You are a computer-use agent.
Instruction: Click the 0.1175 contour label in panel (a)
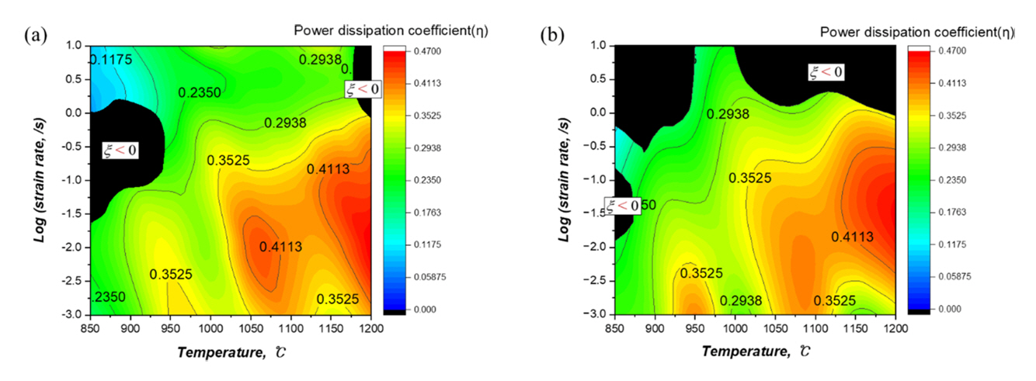(x=112, y=60)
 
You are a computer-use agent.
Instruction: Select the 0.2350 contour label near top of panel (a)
(x=200, y=92)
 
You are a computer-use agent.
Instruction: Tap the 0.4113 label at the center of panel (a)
(x=280, y=247)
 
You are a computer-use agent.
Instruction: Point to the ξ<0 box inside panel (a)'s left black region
(x=121, y=150)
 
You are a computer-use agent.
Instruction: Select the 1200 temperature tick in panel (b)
(x=895, y=327)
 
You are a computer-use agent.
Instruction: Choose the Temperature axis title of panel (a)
(x=223, y=352)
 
